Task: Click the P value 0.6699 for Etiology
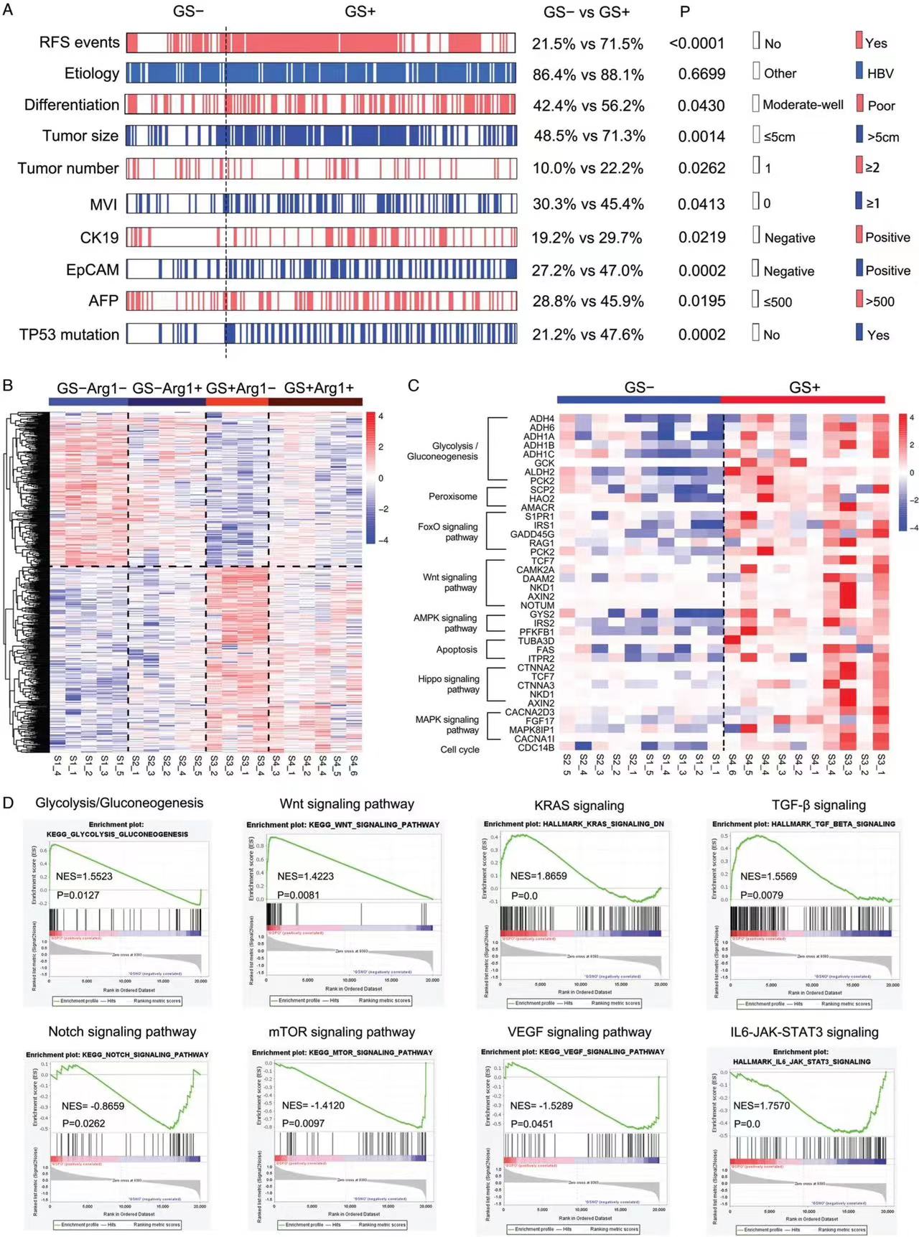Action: pos(701,74)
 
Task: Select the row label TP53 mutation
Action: pos(70,335)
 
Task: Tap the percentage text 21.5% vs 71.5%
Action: pos(587,44)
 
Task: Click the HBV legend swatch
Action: pos(859,70)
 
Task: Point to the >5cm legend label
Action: pos(883,137)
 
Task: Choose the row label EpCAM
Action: pos(93,270)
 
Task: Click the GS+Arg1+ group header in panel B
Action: pos(319,388)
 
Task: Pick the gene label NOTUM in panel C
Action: pos(537,605)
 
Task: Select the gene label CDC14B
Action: pos(536,747)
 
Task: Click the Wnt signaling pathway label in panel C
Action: pos(449,582)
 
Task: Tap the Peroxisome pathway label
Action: pos(452,496)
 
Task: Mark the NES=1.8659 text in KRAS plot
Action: pos(538,876)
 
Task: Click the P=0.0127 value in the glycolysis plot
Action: pos(78,895)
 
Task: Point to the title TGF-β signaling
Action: pos(818,805)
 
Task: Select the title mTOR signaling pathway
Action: pos(342,1032)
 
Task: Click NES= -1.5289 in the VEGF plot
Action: pos(541,1106)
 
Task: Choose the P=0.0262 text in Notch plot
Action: pos(83,1123)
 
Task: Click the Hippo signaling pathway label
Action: pos(449,684)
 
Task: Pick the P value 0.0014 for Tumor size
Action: pos(701,136)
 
